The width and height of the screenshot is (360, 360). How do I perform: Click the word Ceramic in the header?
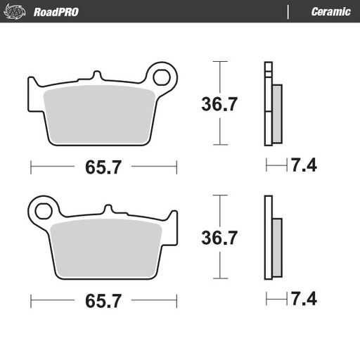[x=330, y=11]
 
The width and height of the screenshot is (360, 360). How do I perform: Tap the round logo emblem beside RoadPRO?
[x=19, y=11]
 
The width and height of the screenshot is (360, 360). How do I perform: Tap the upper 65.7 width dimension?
[x=103, y=167]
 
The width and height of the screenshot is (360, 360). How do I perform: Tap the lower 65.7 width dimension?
[x=103, y=301]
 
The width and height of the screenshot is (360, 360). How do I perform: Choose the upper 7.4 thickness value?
[x=304, y=166]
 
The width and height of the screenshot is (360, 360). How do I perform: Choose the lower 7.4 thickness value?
[x=304, y=300]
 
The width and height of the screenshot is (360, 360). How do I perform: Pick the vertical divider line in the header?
[x=289, y=11]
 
